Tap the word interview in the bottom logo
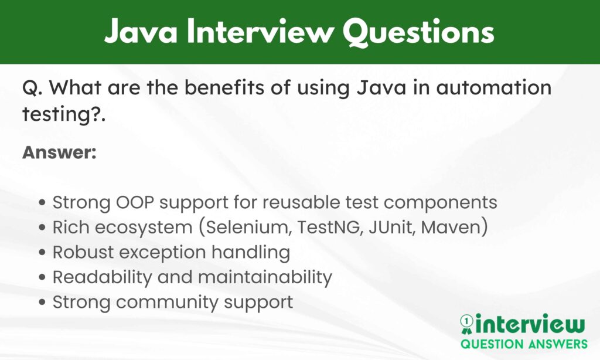[x=530, y=324]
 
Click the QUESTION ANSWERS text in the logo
[x=523, y=344]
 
